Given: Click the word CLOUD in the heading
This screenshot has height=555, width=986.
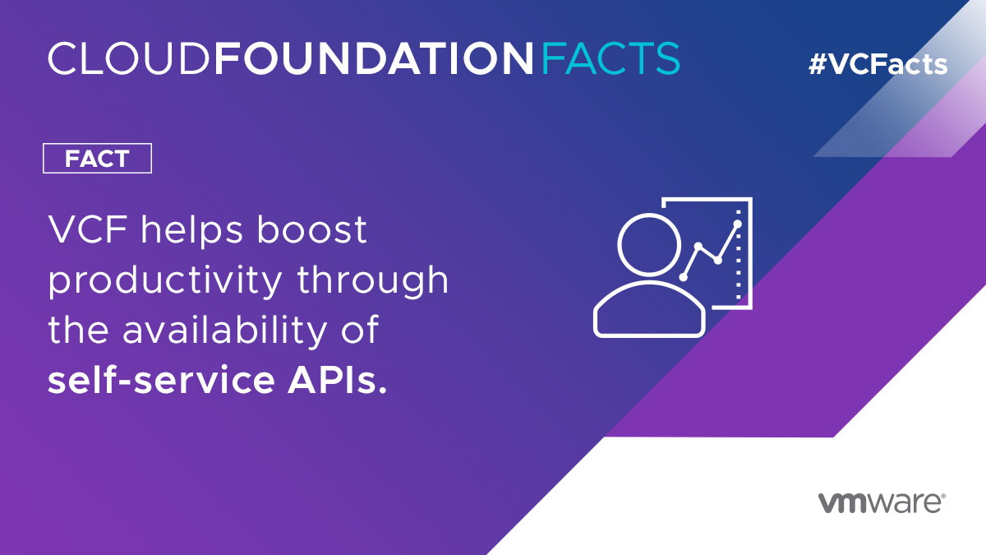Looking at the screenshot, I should click(130, 58).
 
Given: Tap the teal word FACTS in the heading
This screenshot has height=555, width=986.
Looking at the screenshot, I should click(610, 58).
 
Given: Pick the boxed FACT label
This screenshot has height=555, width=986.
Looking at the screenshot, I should click(97, 159).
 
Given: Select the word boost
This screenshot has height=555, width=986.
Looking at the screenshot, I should click(311, 231).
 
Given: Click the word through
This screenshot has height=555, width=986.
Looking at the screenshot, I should click(373, 282).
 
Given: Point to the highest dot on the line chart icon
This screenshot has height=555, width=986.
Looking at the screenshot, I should click(737, 224).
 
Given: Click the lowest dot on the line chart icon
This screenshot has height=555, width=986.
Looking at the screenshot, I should click(682, 277).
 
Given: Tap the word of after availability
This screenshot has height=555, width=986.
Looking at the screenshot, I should click(361, 331).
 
